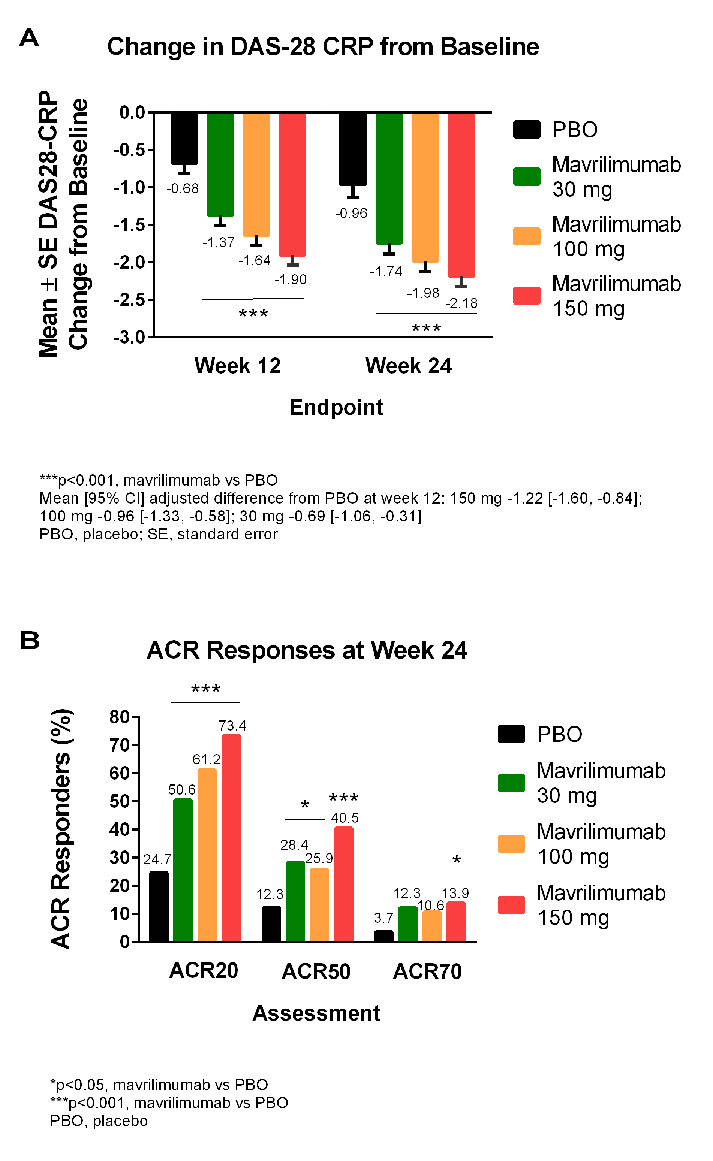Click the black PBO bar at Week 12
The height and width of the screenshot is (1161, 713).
point(184,139)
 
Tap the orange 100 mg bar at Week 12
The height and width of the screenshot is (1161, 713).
point(256,174)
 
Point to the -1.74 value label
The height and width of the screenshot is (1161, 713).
point(386,272)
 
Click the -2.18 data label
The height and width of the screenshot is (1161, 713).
point(461,303)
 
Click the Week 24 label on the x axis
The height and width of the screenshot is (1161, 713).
point(408,366)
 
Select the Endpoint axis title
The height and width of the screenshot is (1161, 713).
point(336,407)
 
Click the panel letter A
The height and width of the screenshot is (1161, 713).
point(29,38)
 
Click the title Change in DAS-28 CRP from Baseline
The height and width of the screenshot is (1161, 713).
point(323,47)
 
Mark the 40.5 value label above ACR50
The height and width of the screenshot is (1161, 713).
point(345,817)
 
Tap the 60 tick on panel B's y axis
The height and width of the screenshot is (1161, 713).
point(120,773)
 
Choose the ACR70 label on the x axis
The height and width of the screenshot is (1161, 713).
point(427,971)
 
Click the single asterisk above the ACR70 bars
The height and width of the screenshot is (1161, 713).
point(457,861)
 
